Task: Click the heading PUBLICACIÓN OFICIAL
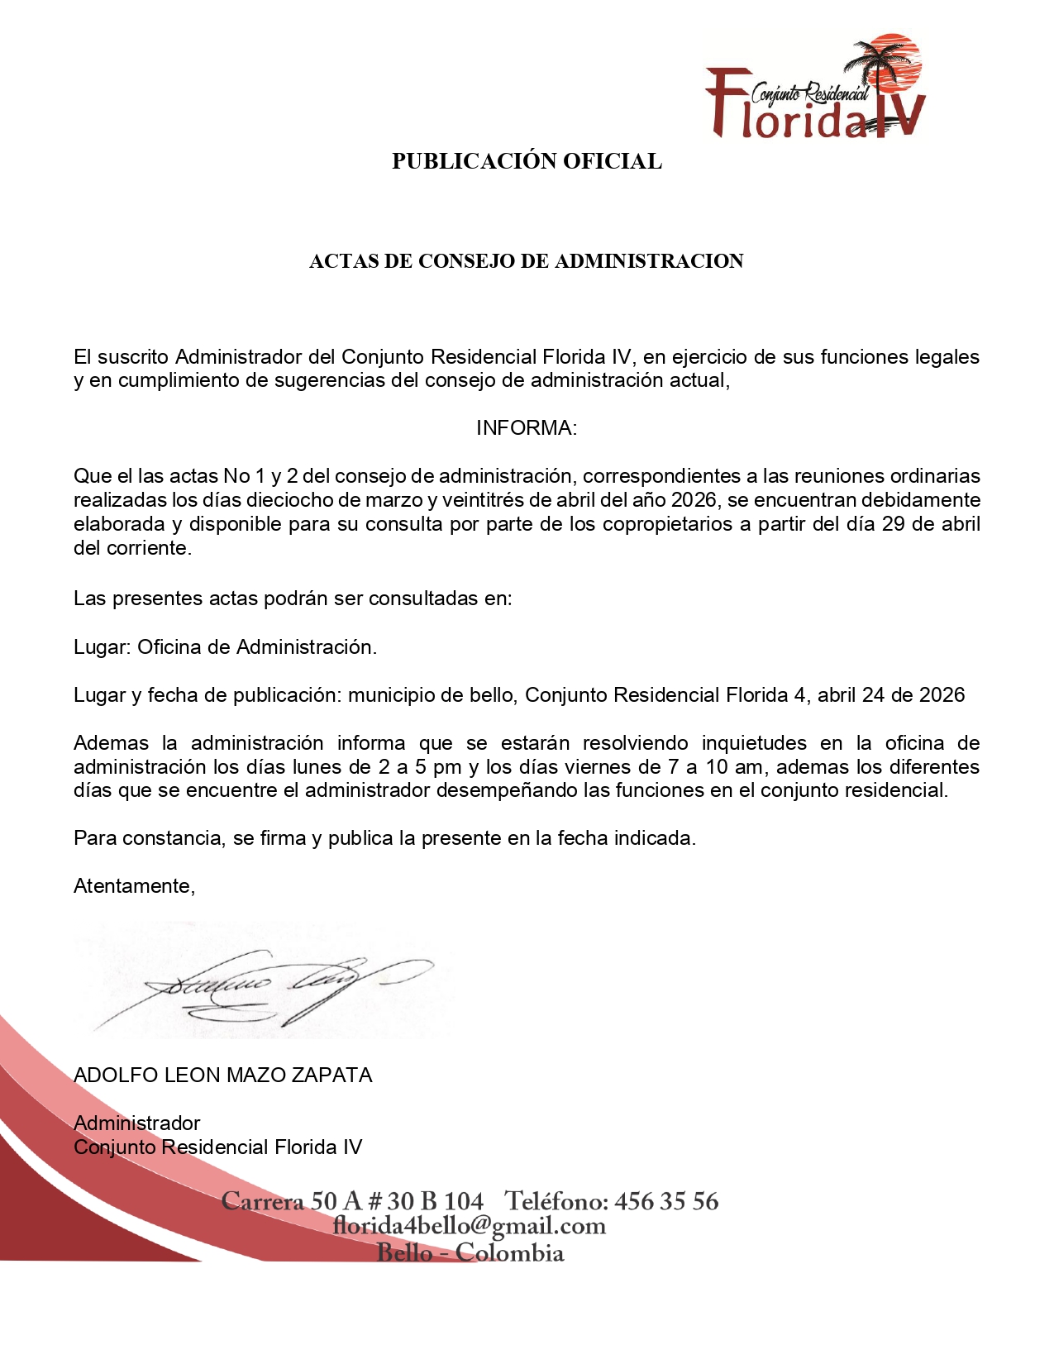point(527,161)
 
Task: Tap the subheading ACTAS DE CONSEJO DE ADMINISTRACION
point(527,261)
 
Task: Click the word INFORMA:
point(527,428)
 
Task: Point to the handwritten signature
point(273,984)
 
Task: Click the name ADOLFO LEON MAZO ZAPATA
point(223,1075)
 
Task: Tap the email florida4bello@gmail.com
point(470,1226)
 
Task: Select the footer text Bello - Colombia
point(470,1252)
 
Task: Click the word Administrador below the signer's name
point(137,1123)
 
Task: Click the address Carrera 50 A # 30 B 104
point(352,1201)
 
